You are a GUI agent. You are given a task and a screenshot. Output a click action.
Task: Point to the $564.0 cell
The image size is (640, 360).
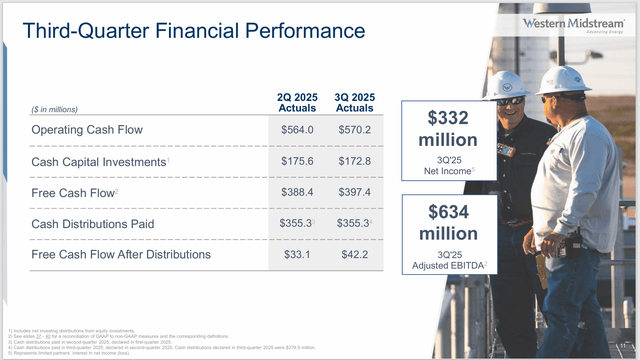pos(297,130)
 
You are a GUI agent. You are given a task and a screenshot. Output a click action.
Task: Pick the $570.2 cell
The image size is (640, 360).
pos(355,130)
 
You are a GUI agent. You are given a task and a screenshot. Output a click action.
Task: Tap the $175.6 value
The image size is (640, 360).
pos(297,161)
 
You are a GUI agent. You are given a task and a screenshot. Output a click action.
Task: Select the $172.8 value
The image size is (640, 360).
pos(355,161)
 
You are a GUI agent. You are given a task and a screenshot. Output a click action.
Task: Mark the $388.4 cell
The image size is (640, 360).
pos(297,192)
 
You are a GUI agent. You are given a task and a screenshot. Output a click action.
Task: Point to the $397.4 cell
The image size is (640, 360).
pos(355,192)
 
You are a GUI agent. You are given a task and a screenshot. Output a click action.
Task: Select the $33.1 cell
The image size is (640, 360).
pos(297,254)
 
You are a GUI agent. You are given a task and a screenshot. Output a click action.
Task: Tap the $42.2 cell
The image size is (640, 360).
pos(355,254)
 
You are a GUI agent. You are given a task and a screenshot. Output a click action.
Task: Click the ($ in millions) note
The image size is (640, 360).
pos(38,109)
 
